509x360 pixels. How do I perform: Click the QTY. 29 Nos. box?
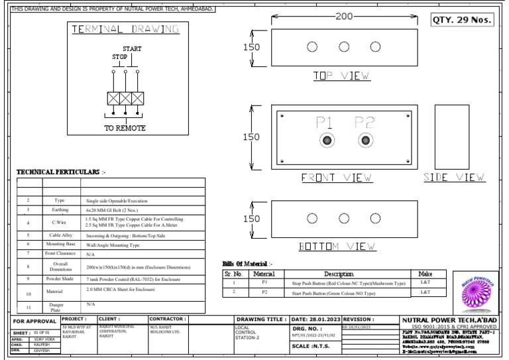(463, 19)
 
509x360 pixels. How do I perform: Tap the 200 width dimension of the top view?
(344, 17)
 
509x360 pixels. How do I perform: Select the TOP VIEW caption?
(341, 76)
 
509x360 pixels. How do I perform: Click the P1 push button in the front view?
(326, 141)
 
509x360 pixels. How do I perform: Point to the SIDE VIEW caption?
(454, 178)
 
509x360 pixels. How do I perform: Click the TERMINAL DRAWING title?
(125, 29)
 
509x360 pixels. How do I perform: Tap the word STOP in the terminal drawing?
(120, 58)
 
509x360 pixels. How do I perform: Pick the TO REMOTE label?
(125, 128)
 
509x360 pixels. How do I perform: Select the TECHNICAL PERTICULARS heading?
(61, 172)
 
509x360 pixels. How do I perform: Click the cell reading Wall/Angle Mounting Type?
(113, 245)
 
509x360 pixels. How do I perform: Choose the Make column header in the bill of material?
(425, 273)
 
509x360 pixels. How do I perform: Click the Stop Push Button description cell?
(348, 282)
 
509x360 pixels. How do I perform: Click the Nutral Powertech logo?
(475, 292)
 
